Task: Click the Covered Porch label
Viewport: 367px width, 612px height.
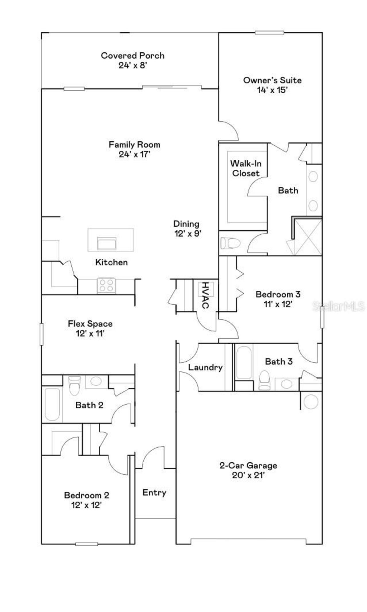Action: pos(132,55)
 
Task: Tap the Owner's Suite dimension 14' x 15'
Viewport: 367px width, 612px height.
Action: pos(272,90)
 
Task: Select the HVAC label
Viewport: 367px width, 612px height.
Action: pos(205,295)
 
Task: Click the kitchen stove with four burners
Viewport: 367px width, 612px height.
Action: pos(106,285)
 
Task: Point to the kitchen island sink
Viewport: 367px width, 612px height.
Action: pos(107,243)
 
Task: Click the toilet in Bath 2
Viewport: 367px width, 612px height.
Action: pos(75,385)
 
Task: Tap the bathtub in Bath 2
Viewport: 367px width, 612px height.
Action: pos(52,404)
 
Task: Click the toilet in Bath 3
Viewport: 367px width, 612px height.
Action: pos(264,381)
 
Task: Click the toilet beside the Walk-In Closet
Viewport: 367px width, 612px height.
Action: pos(230,243)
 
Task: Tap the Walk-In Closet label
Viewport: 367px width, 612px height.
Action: pos(246,168)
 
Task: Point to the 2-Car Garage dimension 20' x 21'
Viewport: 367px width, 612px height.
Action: pos(248,475)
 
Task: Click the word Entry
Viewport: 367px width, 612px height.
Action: pos(154,492)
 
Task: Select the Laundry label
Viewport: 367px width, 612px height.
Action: pos(205,367)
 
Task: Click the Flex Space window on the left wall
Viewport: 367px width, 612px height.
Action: pos(42,334)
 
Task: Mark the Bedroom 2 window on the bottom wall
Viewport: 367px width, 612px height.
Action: pos(86,544)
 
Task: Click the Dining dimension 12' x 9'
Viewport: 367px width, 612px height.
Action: pos(188,233)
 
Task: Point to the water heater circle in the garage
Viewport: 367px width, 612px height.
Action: pos(311,401)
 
